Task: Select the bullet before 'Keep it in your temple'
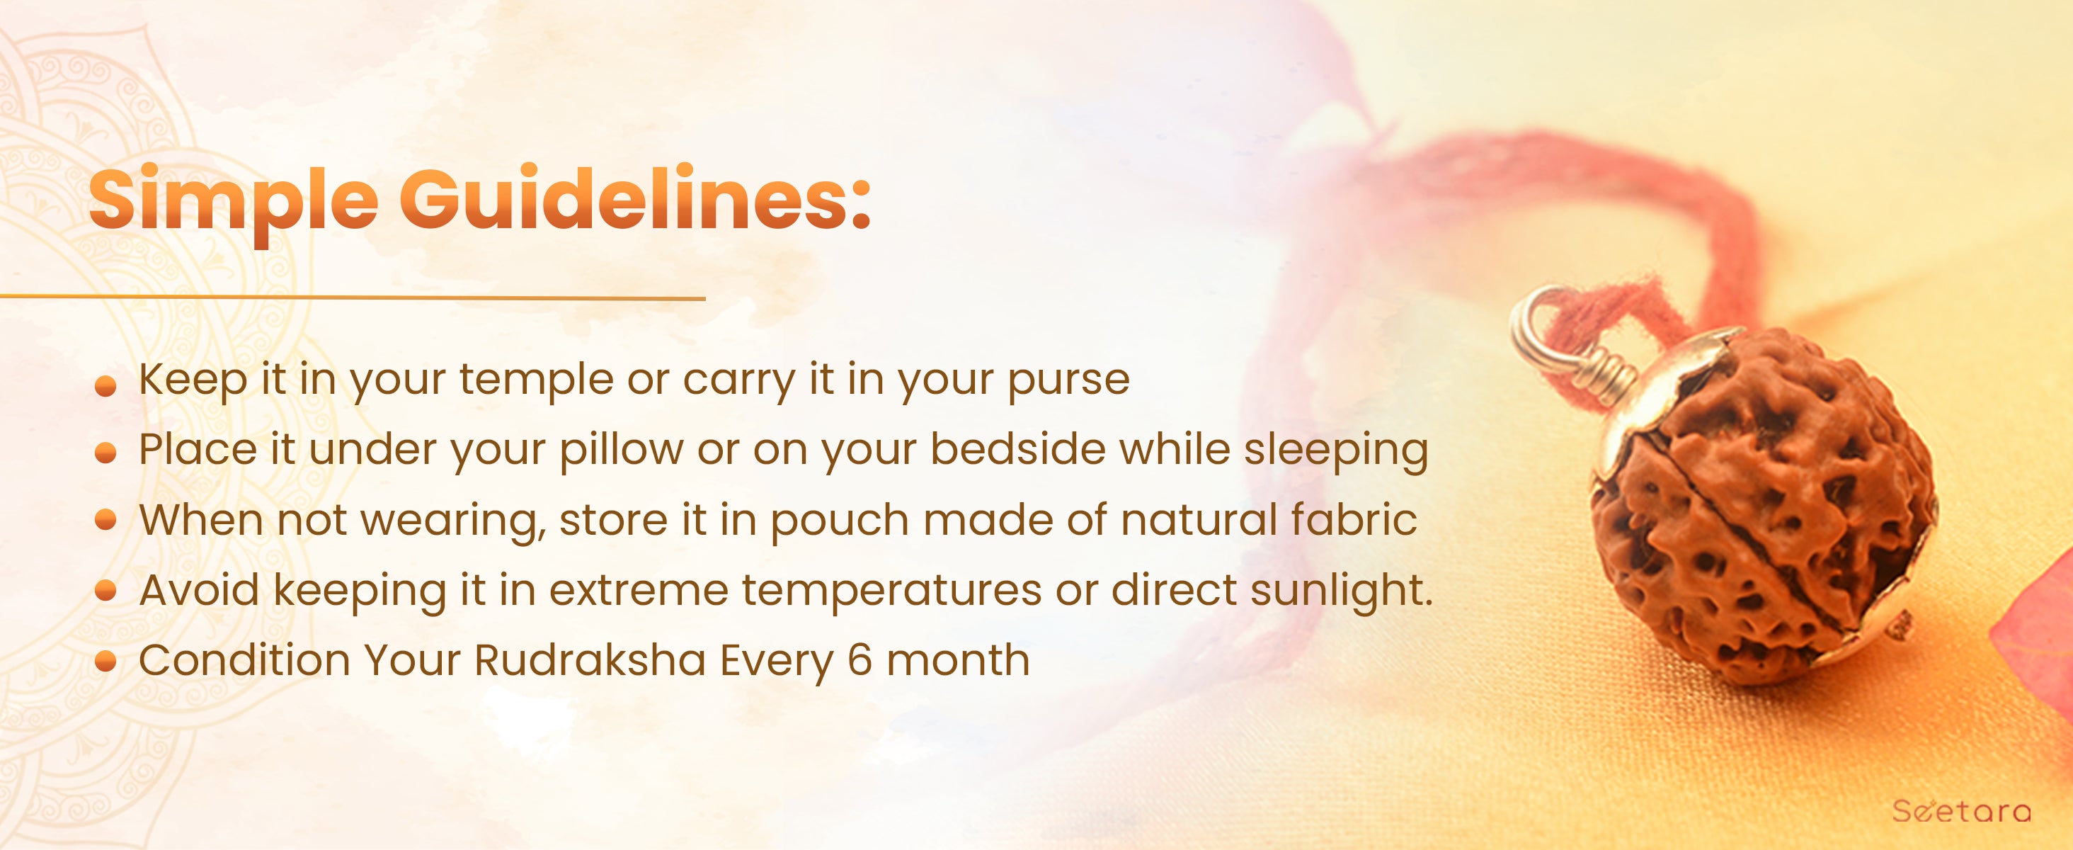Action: (105, 388)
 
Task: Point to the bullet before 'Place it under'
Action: (105, 455)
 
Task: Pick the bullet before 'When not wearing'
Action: (105, 521)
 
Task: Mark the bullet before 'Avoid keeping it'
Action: (105, 592)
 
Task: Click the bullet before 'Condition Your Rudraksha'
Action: (105, 662)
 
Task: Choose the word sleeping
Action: (1336, 450)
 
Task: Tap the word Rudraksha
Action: (590, 661)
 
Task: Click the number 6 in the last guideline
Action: (860, 661)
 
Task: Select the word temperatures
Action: (891, 591)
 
